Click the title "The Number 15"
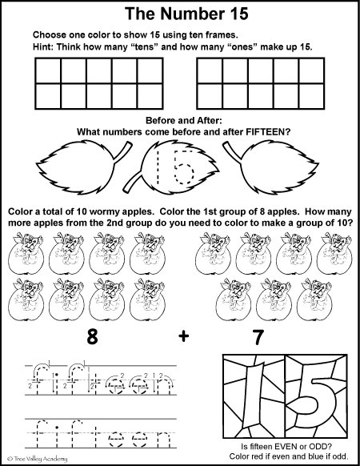point(180,14)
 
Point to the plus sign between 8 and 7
point(185,337)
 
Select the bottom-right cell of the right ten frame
point(313,95)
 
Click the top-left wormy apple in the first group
point(22,249)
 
